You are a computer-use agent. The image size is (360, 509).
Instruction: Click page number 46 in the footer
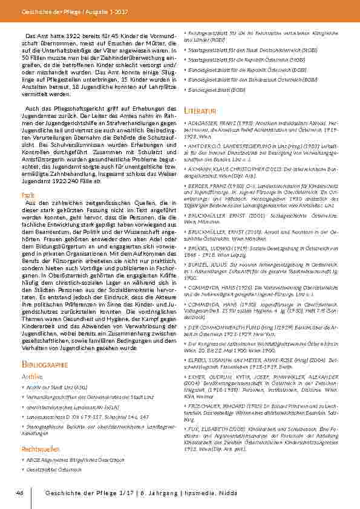click(20, 495)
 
